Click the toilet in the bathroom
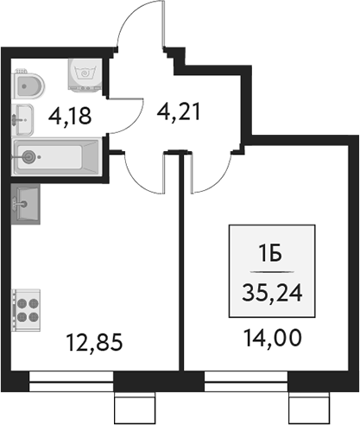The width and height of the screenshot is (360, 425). [x=31, y=85]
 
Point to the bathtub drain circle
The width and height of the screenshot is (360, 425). [x=31, y=158]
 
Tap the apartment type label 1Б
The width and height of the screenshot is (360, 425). [x=271, y=252]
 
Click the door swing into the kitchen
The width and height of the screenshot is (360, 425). [x=145, y=169]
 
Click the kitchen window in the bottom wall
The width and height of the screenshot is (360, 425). [x=71, y=377]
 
